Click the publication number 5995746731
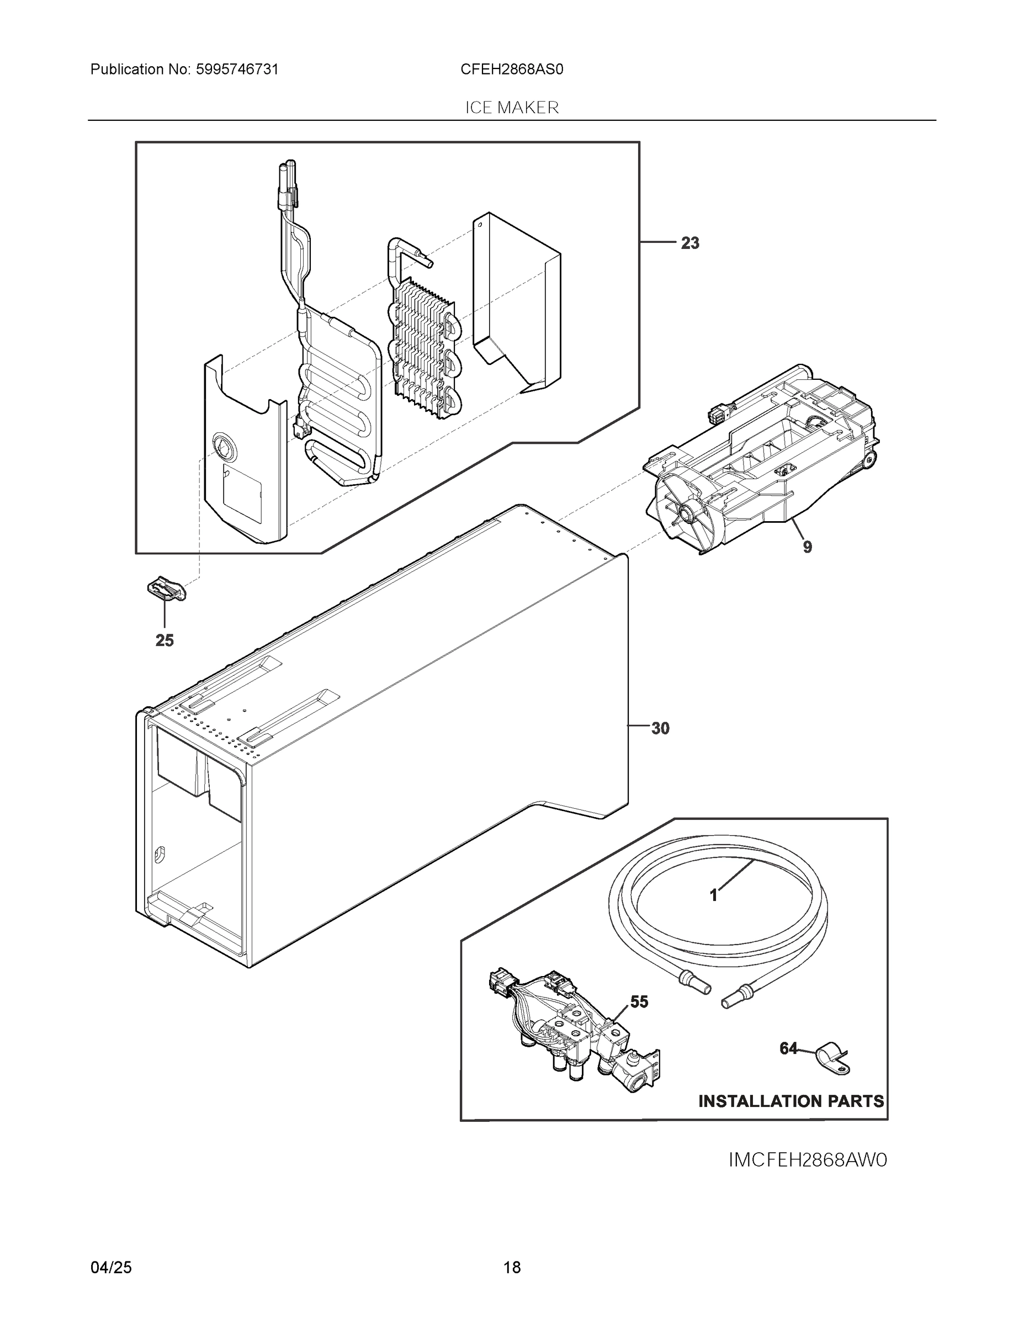[237, 70]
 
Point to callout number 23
[689, 243]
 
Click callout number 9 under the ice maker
[807, 547]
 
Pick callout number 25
[165, 640]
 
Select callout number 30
[660, 729]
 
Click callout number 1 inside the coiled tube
[713, 895]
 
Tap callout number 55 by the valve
[639, 1002]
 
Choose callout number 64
[788, 1048]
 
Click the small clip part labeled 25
[166, 589]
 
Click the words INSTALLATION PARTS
[790, 1101]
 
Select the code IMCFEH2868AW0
[808, 1160]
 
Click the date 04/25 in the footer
[111, 1268]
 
